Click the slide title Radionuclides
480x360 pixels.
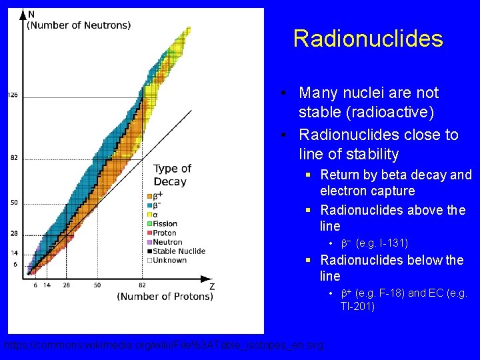pos(367,39)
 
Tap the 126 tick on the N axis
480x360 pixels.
pos(13,95)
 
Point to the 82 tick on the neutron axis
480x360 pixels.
pos(14,158)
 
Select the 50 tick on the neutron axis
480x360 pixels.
pos(14,203)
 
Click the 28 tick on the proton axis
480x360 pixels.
pos(67,285)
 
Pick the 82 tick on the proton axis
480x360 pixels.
pos(142,285)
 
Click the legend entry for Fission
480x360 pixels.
pos(165,224)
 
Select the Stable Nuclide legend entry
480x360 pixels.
pos(179,251)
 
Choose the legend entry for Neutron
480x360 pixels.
pos(167,242)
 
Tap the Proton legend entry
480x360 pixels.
pos(165,233)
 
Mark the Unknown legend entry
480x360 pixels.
pos(171,260)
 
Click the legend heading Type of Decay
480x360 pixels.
pos(172,175)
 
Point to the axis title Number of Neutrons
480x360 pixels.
pos(79,25)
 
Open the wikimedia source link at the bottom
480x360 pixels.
pos(163,346)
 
